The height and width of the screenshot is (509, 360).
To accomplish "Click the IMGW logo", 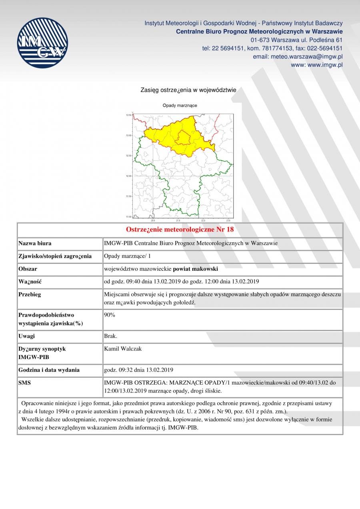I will [x=42, y=42].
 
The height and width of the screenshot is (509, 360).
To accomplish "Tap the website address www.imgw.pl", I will [x=317, y=65].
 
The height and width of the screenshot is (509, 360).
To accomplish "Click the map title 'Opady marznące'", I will [x=180, y=106].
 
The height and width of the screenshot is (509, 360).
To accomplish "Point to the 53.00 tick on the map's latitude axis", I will [x=129, y=136].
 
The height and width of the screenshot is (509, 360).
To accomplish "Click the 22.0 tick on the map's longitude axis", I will [x=203, y=220].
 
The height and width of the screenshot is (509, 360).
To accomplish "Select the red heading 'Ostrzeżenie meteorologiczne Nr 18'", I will [x=180, y=230].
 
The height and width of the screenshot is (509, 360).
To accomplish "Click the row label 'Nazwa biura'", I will [x=35, y=243].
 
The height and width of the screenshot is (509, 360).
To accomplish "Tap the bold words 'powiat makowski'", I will [x=195, y=269].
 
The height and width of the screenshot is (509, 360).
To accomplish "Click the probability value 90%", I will [x=110, y=315].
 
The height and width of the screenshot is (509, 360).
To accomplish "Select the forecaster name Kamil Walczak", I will [x=123, y=349].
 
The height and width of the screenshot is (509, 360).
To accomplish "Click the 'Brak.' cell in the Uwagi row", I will [x=110, y=336].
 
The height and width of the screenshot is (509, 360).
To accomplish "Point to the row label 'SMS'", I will [x=25, y=383].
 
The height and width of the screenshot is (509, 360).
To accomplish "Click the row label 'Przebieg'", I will [x=30, y=295].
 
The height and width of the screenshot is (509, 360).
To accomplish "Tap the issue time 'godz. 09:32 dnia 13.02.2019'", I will [x=138, y=370].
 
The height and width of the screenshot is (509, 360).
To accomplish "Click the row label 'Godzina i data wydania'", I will [x=49, y=370].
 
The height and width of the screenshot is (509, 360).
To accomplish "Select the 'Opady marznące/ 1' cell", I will [x=124, y=256].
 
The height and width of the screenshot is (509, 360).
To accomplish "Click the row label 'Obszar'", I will [x=28, y=269].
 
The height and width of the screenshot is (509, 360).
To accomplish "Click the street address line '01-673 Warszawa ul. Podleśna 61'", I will [x=296, y=40].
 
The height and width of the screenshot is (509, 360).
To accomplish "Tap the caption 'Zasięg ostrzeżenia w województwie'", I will [x=188, y=90].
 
